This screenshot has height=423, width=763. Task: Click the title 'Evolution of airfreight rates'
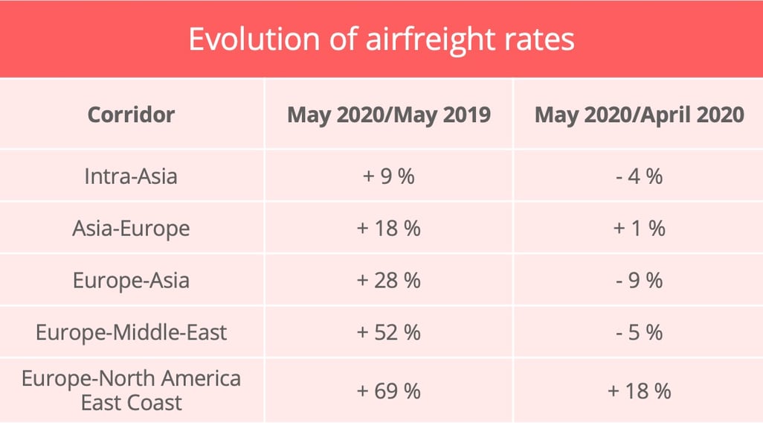(x=381, y=39)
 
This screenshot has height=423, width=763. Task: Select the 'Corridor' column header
(x=131, y=115)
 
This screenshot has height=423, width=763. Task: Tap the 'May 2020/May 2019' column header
(x=388, y=115)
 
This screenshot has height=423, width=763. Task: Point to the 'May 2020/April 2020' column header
(x=639, y=115)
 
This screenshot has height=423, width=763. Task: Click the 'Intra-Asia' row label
(x=131, y=176)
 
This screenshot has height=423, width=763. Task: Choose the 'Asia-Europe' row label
(x=131, y=228)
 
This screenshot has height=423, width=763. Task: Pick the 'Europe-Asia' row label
(x=131, y=280)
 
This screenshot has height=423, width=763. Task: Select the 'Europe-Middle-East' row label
(x=131, y=331)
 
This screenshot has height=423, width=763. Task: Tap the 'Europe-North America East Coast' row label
(x=131, y=390)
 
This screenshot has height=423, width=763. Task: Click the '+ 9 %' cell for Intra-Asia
(x=388, y=176)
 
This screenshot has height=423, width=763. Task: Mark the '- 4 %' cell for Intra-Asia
(x=639, y=176)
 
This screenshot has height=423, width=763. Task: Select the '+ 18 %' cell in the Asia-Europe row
(x=388, y=228)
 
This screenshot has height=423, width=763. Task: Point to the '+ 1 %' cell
(x=639, y=228)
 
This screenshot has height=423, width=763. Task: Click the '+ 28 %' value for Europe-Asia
(x=388, y=280)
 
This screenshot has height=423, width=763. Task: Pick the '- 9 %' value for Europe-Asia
(x=639, y=280)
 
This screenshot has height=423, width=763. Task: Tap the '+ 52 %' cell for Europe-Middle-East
(x=388, y=331)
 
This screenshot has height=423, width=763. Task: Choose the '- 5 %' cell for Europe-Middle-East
(x=639, y=331)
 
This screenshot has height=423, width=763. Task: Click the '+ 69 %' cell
(x=388, y=390)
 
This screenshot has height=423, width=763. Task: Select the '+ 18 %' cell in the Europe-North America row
(x=639, y=390)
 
